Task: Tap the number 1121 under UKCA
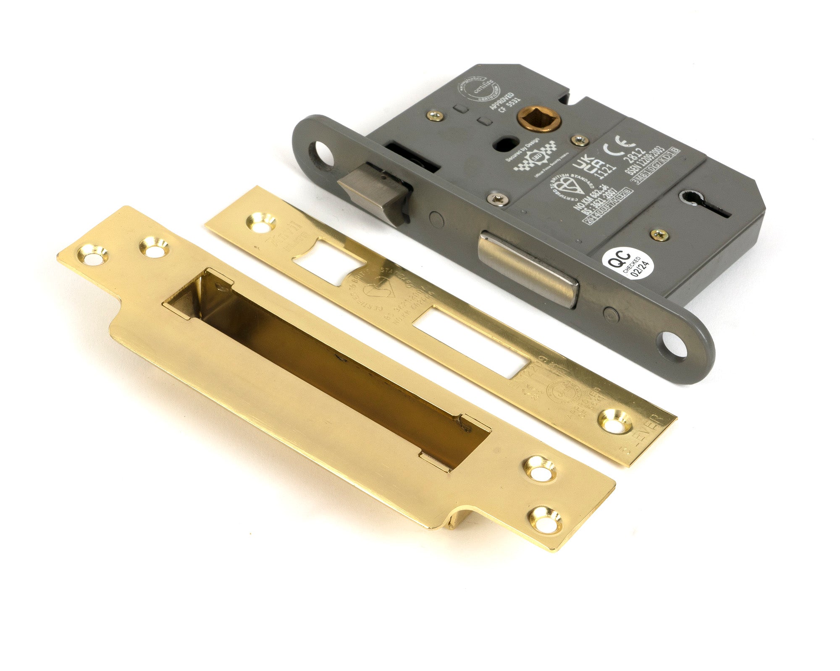coord(606,168)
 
